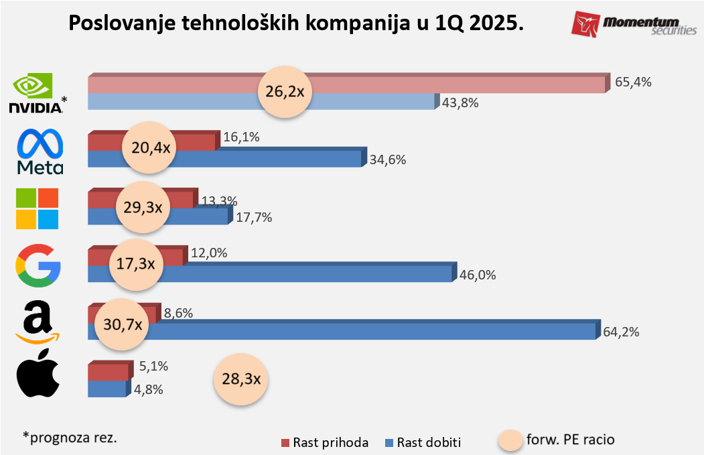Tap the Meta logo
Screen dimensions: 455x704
tap(40, 152)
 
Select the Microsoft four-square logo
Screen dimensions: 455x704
tap(38, 208)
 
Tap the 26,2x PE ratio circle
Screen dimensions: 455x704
tap(285, 92)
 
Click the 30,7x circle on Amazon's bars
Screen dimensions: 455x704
tap(123, 324)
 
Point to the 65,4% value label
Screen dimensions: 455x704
tap(633, 82)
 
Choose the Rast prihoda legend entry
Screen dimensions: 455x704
tap(325, 442)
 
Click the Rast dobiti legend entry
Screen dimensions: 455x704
tap(423, 442)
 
